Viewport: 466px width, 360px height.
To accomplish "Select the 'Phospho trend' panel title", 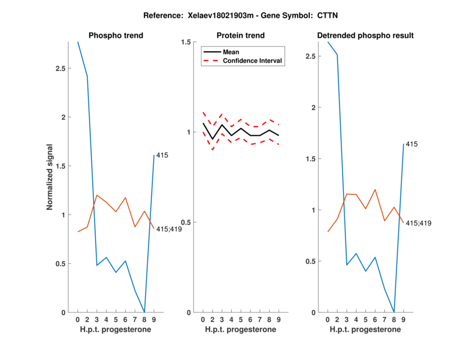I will (x=115, y=36).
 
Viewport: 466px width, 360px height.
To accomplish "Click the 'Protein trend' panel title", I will (x=241, y=36).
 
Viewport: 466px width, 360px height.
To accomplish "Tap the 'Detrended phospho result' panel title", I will (x=365, y=36).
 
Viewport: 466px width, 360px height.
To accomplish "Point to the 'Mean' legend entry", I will (x=231, y=52).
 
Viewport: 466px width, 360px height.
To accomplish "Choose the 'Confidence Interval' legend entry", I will (x=253, y=61).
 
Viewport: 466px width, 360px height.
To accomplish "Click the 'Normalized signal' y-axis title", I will (x=51, y=177).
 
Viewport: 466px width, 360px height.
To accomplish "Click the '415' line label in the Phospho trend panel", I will (x=163, y=155).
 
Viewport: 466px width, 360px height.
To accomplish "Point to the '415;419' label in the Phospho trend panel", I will (x=169, y=229).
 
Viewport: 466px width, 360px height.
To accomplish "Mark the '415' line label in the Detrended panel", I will (x=412, y=143).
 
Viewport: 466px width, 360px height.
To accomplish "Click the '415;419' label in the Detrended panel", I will (x=418, y=223).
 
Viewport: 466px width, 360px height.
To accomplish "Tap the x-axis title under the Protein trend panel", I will (x=241, y=330).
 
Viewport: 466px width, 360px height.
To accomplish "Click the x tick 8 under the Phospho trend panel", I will (x=144, y=320).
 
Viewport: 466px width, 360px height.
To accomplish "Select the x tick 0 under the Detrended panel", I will (x=327, y=320).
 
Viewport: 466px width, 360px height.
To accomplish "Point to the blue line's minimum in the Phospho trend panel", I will (x=144, y=312).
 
